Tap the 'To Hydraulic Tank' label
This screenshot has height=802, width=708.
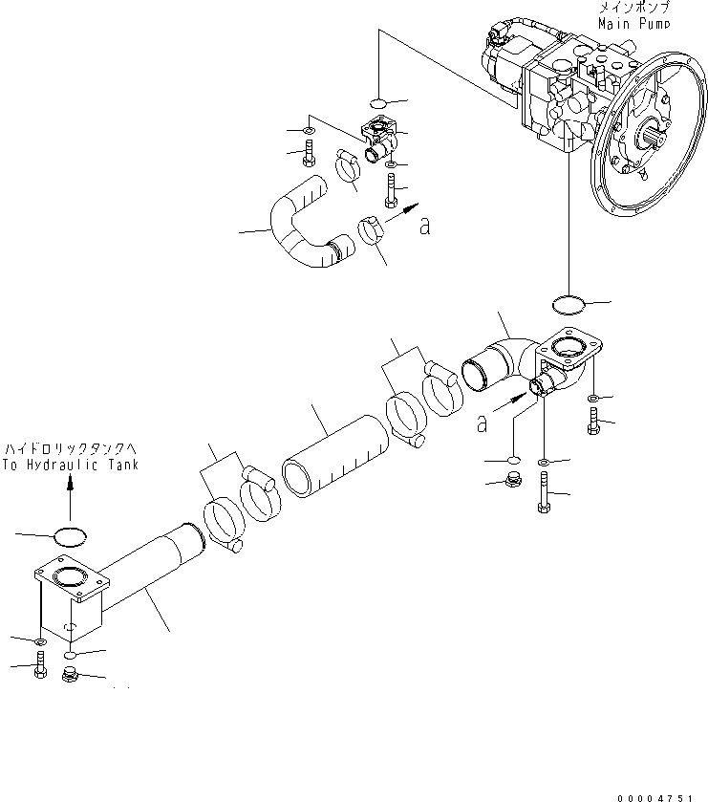pyautogui.click(x=71, y=465)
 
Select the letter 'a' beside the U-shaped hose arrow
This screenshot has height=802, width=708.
pyautogui.click(x=425, y=227)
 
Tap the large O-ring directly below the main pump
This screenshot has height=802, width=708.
pyautogui.click(x=569, y=305)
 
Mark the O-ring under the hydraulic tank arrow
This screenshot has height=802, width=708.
pyautogui.click(x=70, y=536)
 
